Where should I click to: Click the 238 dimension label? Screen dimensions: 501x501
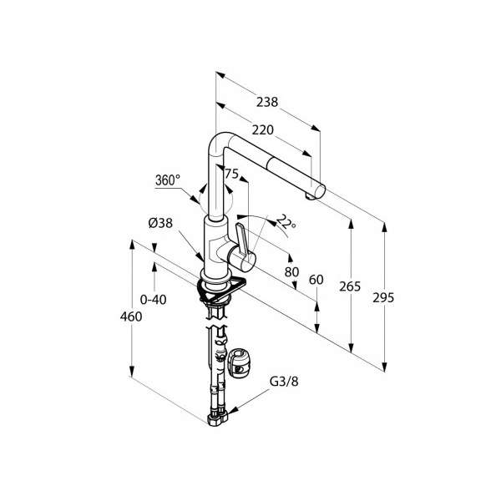[267, 102]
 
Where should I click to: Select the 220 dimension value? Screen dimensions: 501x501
[263, 130]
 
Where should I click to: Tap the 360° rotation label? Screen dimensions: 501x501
[168, 180]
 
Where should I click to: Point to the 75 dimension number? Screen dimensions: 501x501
[232, 174]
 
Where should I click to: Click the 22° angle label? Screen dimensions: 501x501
[286, 222]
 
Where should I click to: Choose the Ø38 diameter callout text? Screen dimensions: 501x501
[160, 223]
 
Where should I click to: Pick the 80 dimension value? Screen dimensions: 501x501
[291, 272]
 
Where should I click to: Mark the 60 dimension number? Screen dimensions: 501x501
[316, 280]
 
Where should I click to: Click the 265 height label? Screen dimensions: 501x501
[350, 286]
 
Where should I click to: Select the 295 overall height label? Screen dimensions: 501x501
[383, 298]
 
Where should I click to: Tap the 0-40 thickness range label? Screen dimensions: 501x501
[154, 300]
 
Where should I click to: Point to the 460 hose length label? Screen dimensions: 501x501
[131, 316]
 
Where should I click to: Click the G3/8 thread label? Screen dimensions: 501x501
[284, 382]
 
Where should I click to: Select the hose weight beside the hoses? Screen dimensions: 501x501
[238, 362]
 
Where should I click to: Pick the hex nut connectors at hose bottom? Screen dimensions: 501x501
[218, 418]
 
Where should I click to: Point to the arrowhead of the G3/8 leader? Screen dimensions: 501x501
[233, 411]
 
